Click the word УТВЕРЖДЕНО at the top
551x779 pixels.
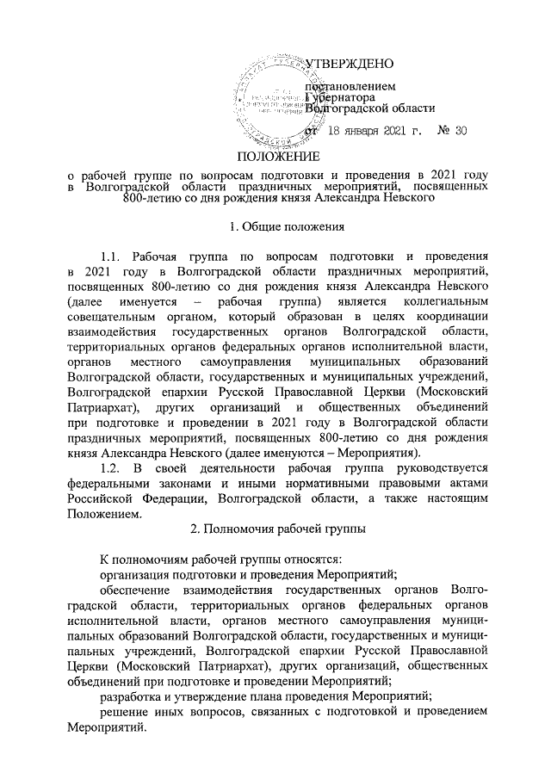point(350,65)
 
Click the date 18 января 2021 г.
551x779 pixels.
point(377,131)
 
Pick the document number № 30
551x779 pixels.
point(452,131)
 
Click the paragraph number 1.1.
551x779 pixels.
point(114,257)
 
